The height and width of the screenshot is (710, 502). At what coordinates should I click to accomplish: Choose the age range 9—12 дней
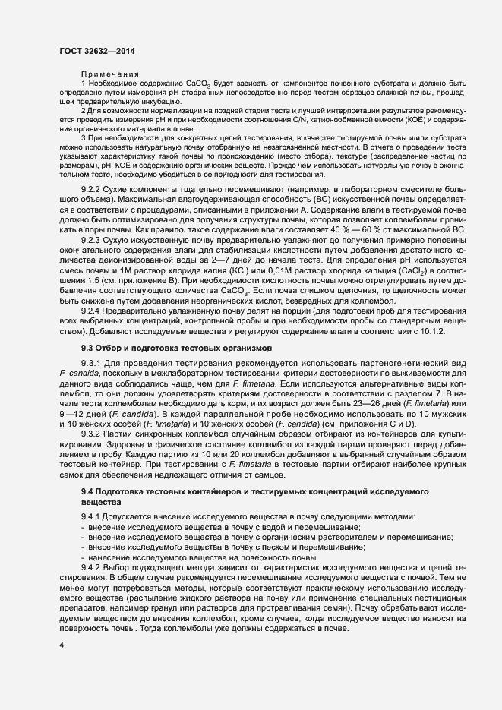click(79, 433)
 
